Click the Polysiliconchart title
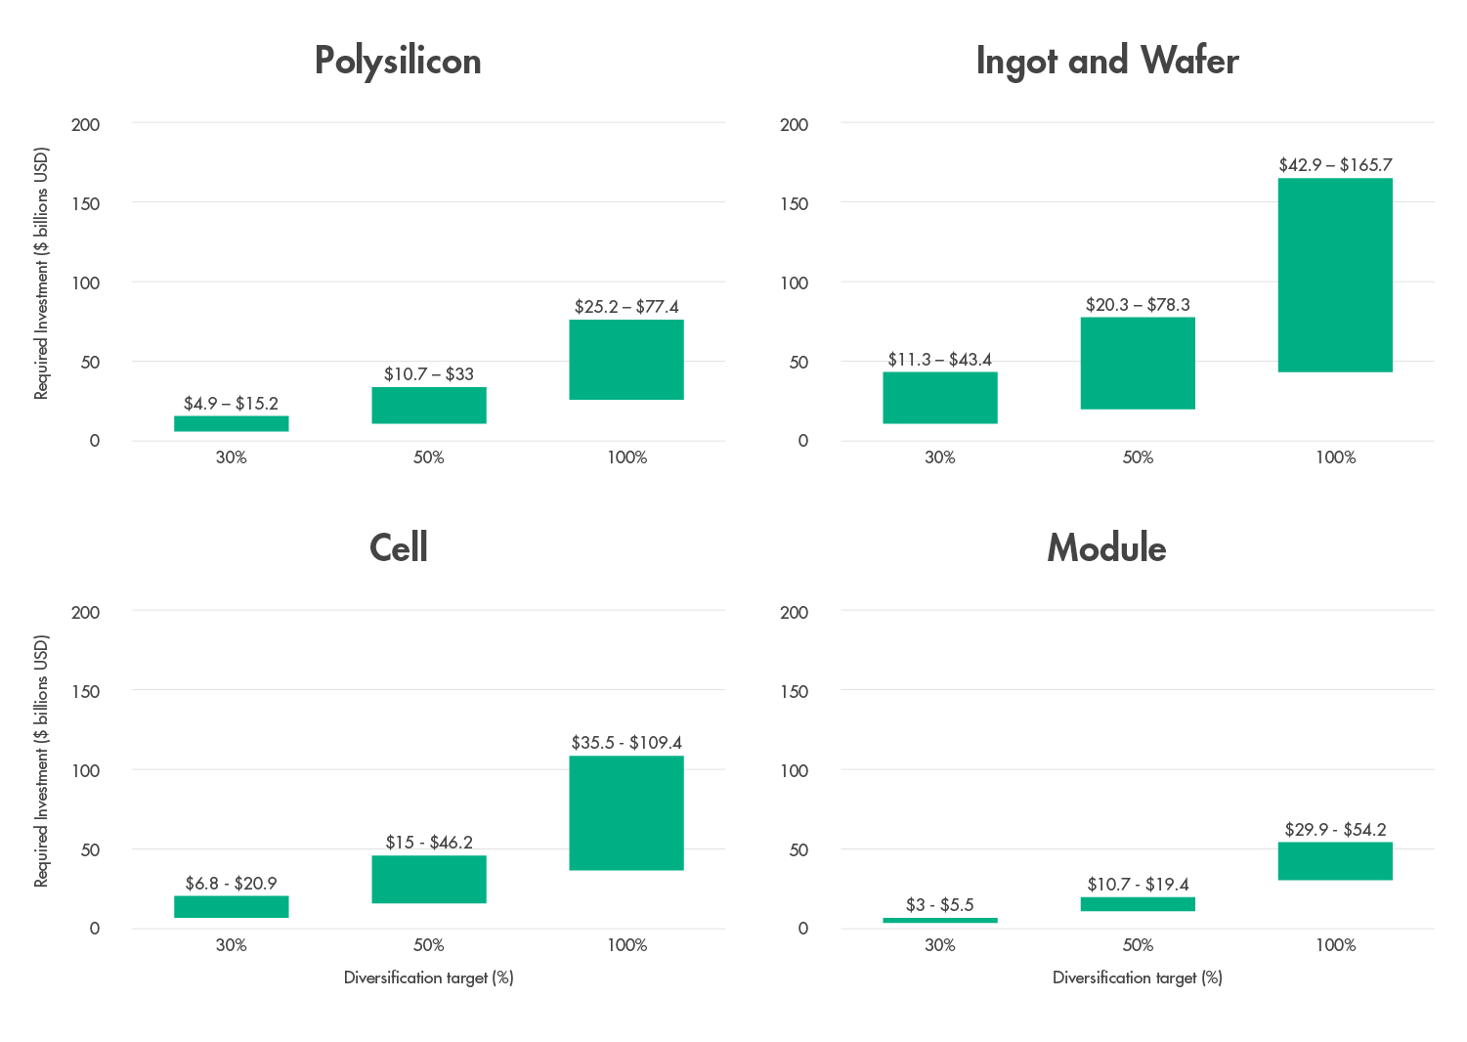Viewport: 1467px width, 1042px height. coord(398,61)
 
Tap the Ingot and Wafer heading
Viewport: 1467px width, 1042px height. coord(1106,61)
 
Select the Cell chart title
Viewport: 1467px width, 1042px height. coord(398,547)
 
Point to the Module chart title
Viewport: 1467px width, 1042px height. coord(1106,547)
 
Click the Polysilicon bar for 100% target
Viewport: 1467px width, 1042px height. coord(626,359)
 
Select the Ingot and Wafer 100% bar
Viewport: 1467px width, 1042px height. coord(1335,275)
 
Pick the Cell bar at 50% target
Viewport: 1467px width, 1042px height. coord(429,879)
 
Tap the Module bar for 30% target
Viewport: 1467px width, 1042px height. coord(940,920)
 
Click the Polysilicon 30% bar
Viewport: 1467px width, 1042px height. coord(232,423)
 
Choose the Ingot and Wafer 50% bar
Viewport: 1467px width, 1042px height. coord(1138,363)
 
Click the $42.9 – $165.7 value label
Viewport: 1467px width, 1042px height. coord(1335,165)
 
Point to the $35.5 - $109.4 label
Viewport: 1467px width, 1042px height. coord(626,743)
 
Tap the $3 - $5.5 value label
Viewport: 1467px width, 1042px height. coord(940,905)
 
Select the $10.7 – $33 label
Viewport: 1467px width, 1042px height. coord(429,374)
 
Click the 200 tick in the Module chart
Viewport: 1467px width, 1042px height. coord(795,612)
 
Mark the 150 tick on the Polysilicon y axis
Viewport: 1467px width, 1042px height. coord(86,203)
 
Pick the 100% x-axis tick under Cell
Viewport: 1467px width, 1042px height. coord(626,945)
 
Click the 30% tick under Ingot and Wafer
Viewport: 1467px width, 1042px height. coord(940,457)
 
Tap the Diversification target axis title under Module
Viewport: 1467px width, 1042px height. coord(1137,977)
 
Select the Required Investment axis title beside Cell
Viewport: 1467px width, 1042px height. coord(41,761)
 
